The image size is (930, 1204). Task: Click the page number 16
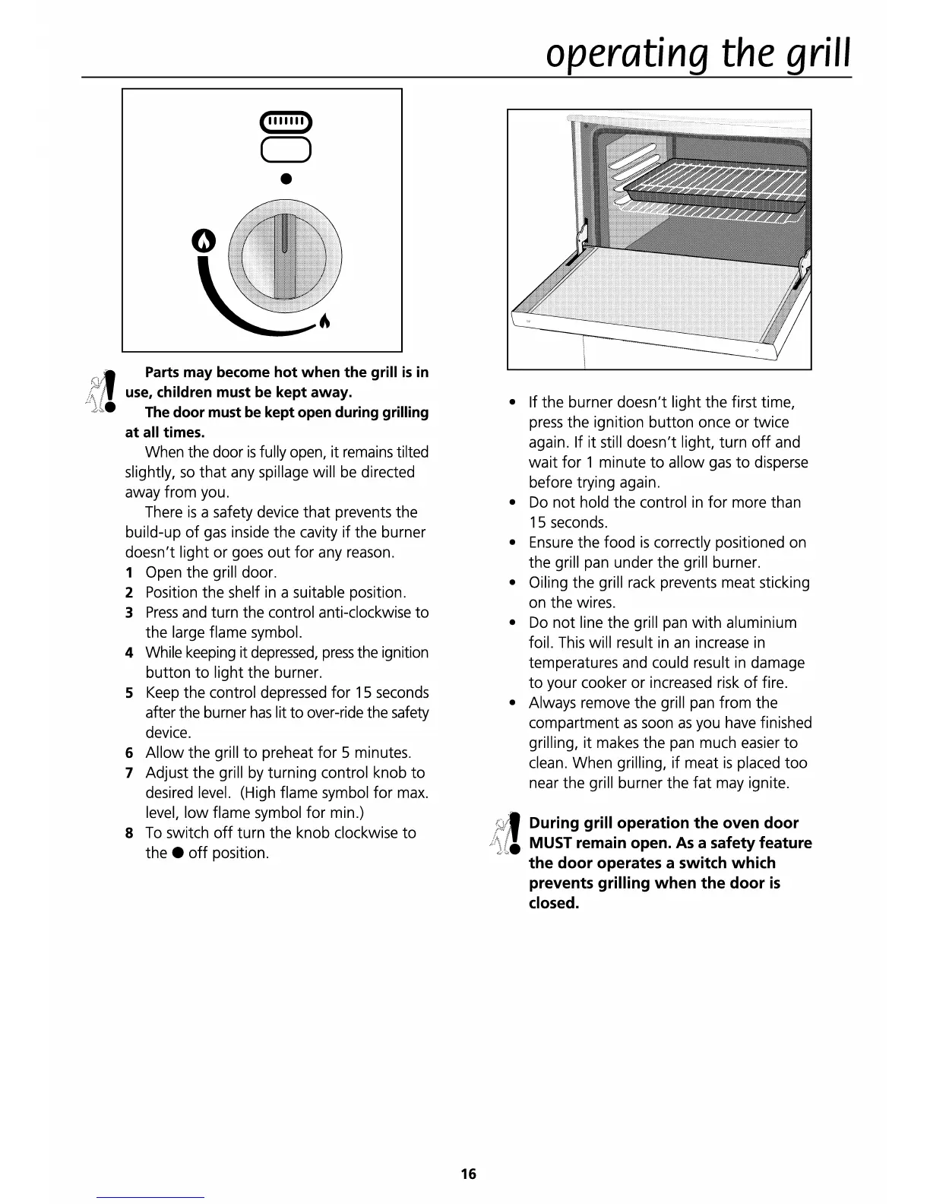point(468,1174)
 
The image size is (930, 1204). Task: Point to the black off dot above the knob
point(286,179)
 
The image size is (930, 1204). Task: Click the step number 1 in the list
point(129,572)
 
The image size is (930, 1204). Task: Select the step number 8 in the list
point(129,833)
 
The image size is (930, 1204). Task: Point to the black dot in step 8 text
point(176,853)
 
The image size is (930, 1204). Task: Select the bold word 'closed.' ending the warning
point(554,903)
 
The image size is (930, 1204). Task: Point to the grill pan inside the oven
point(714,198)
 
